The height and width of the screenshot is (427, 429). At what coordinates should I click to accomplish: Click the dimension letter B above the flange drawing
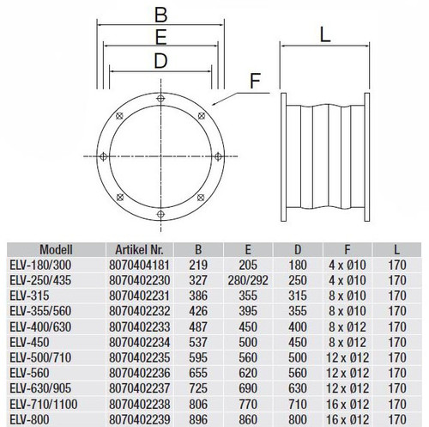pyautogui.click(x=160, y=15)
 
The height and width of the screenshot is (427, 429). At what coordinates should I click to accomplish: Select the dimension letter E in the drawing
pyautogui.click(x=160, y=37)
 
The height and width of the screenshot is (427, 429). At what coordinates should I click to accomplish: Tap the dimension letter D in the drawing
pyautogui.click(x=160, y=61)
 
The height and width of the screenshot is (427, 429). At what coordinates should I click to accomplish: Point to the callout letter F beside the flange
pyautogui.click(x=255, y=81)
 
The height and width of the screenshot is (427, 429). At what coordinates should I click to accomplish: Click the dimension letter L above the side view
pyautogui.click(x=325, y=35)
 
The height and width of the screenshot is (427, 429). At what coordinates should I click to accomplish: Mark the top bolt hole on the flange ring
pyautogui.click(x=160, y=99)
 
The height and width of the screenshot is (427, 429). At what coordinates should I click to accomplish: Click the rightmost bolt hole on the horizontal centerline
pyautogui.click(x=218, y=156)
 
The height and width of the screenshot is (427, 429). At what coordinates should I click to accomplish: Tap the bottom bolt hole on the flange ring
pyautogui.click(x=160, y=214)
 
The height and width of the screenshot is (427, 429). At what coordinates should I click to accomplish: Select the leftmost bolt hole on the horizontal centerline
pyautogui.click(x=103, y=156)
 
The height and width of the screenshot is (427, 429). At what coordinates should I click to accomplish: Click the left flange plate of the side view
pyautogui.click(x=283, y=157)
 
